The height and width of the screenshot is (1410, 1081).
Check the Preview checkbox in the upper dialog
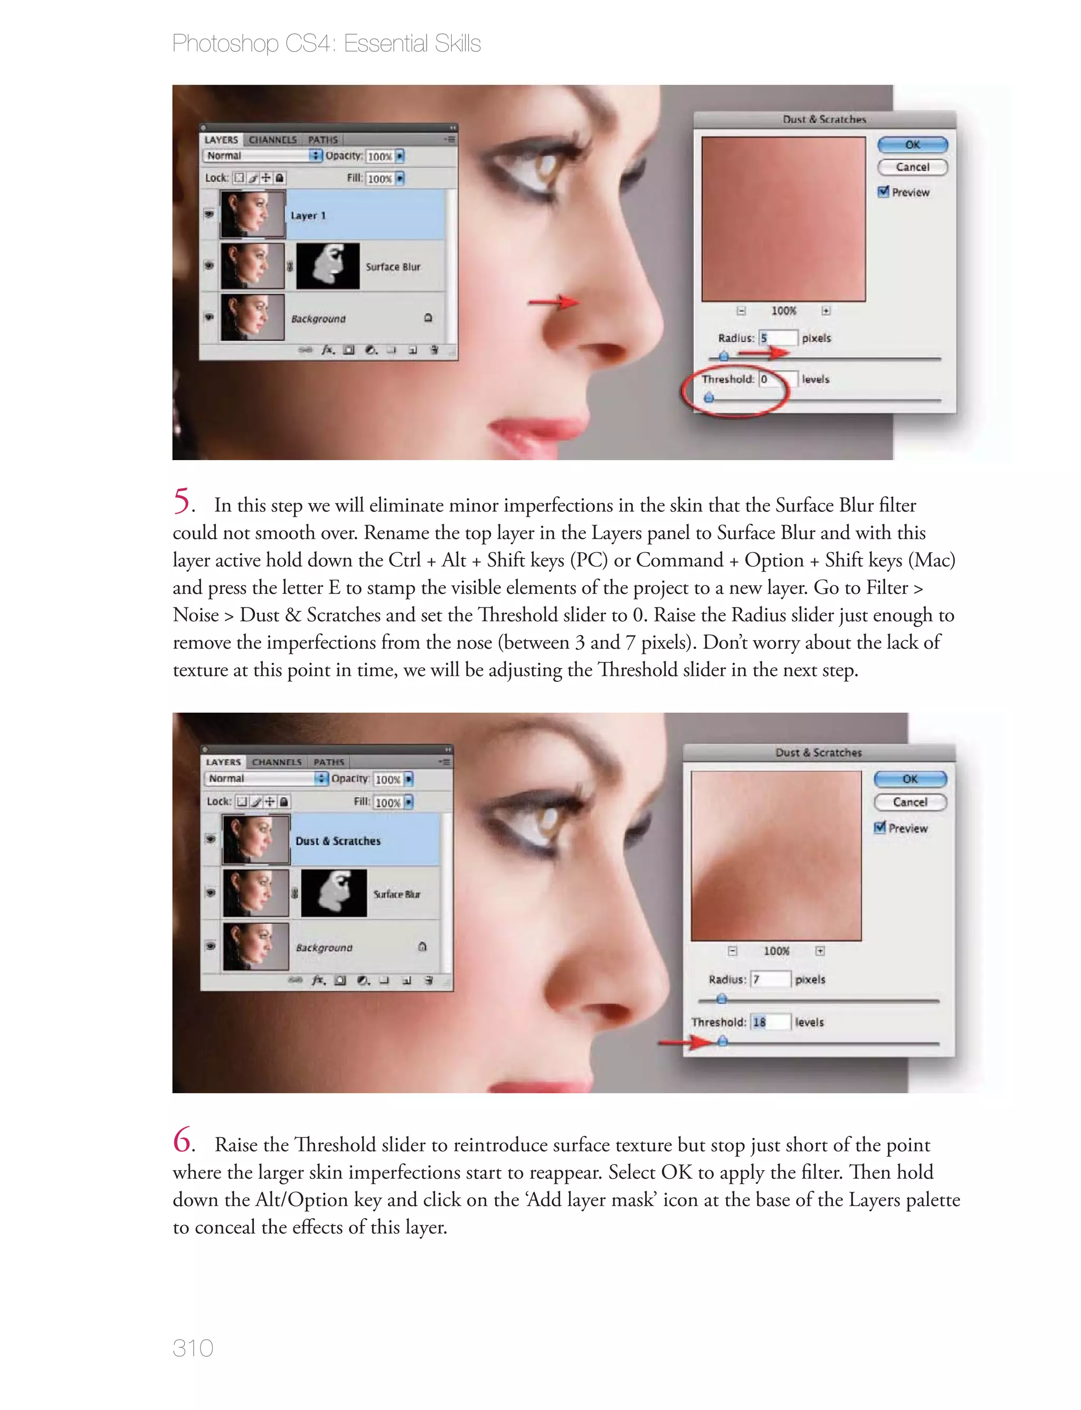click(884, 192)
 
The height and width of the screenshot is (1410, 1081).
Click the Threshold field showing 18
click(770, 1022)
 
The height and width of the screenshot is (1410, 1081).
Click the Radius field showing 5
click(777, 338)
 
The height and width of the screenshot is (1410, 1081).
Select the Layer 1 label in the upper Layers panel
click(308, 216)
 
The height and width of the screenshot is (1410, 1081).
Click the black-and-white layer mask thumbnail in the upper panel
click(327, 266)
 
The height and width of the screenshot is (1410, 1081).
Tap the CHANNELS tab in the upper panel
click(273, 139)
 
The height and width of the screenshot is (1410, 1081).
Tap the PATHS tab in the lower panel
click(329, 762)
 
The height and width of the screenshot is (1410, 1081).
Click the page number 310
click(193, 1348)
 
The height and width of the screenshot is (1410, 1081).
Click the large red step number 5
click(182, 501)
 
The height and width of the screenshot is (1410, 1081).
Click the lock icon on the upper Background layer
click(429, 318)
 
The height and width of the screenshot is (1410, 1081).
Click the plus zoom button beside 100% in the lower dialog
click(820, 951)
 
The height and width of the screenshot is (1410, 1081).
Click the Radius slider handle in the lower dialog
click(722, 998)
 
